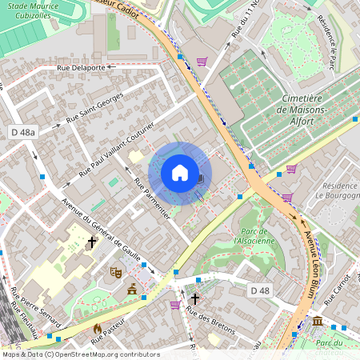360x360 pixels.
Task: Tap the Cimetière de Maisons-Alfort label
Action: click(304, 110)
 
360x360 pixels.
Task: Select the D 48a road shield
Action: click(24, 130)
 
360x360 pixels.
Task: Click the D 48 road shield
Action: click(258, 289)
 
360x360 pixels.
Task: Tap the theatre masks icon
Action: click(116, 272)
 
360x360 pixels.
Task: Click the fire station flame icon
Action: click(98, 328)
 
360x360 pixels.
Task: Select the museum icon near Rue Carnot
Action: click(318, 322)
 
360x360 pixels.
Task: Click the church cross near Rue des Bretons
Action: click(194, 298)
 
